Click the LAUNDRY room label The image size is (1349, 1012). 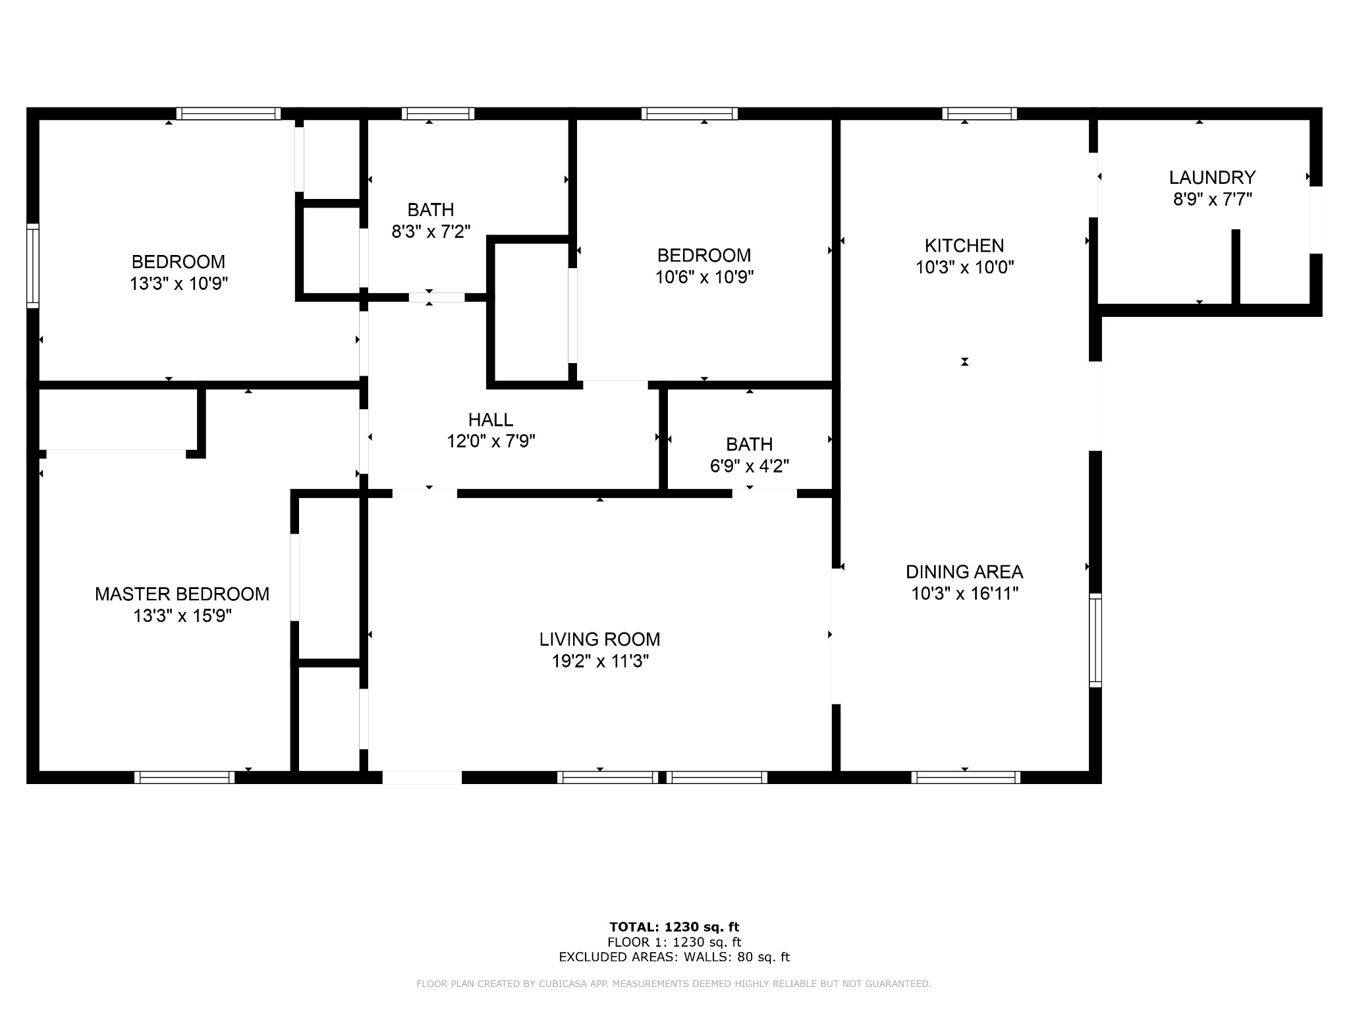(1212, 177)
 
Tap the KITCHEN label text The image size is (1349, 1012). (964, 246)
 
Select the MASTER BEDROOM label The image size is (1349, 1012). (182, 594)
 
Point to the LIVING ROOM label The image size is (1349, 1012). (599, 639)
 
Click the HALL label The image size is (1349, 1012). (491, 420)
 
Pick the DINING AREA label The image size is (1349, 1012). (964, 572)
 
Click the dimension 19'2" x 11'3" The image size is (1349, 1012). (600, 661)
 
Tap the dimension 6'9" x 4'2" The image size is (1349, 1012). (750, 466)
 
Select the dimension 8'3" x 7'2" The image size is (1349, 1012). (431, 231)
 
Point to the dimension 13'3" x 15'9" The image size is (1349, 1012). (182, 616)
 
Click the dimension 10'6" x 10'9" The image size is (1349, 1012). (704, 277)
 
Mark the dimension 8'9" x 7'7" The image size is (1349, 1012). (1212, 199)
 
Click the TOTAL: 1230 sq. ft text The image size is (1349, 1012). (674, 927)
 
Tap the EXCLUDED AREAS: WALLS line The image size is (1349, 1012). (674, 957)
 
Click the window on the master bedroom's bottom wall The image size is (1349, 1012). (184, 777)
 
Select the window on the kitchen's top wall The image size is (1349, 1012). (979, 113)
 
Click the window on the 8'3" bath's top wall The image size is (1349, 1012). (438, 113)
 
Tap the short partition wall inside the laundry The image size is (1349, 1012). (1236, 267)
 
